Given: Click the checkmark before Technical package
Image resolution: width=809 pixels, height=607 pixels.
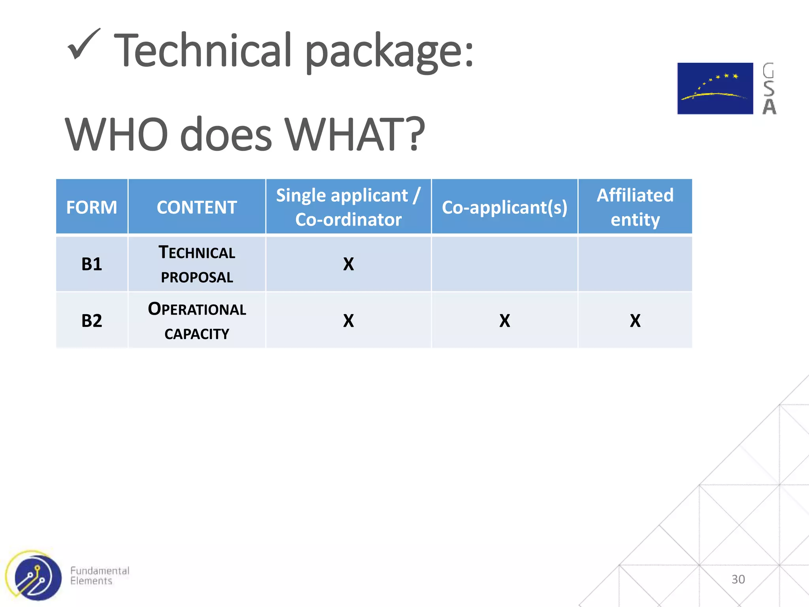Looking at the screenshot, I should pos(83,45).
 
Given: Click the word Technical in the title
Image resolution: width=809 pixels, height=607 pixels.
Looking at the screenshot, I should pos(203,51).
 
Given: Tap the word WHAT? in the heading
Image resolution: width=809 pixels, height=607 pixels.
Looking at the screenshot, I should pos(354,135).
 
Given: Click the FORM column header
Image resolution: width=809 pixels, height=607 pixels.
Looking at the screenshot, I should pos(92,207).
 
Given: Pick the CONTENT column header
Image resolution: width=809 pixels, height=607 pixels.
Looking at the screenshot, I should pos(197,207).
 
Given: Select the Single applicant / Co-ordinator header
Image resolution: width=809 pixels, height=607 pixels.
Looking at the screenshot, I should pos(348,207).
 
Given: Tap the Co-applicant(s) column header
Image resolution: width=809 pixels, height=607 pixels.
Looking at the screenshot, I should pos(504,207).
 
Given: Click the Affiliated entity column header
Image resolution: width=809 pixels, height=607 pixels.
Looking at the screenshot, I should pos(635,207).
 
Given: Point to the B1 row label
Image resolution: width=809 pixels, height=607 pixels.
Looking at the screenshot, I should pos(92,264).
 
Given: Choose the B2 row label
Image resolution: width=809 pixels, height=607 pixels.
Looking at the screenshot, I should pos(92,320).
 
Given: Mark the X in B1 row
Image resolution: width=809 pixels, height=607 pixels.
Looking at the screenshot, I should pos(348,264).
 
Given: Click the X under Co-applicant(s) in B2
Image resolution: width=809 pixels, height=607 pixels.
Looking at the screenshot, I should pos(504,320).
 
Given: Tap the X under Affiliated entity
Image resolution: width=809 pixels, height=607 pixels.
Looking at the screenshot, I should pos(635,320).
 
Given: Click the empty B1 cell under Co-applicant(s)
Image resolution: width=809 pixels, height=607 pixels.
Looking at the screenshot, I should pos(504,264).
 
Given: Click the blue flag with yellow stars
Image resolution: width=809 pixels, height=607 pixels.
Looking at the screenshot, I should pos(715,89).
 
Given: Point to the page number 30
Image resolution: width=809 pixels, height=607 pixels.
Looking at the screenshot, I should pos(738,579).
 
